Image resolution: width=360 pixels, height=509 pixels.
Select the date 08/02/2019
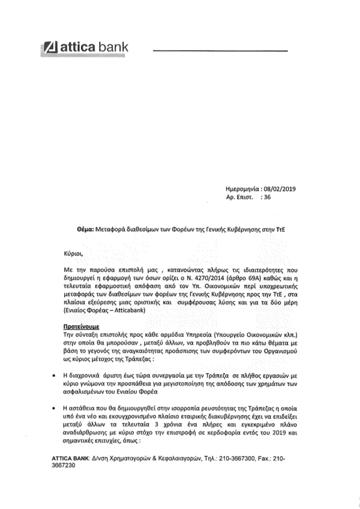[x=281, y=189]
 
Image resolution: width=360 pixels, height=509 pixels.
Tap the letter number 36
[x=268, y=197]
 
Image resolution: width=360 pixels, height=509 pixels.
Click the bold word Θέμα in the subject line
[x=86, y=230]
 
